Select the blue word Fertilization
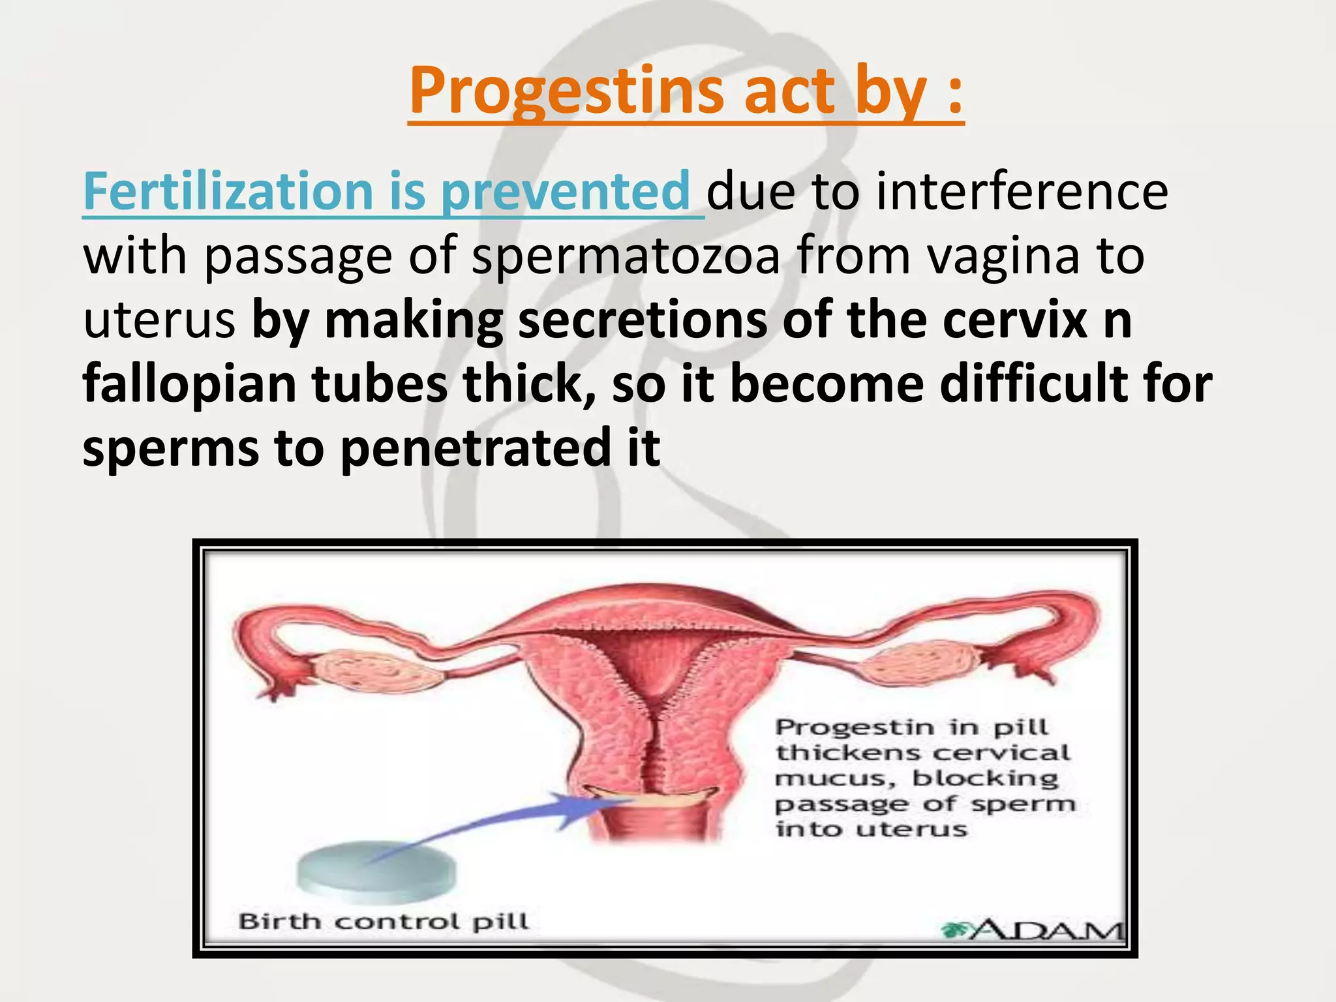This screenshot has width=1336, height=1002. coord(228,191)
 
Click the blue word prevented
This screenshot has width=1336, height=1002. coord(565,191)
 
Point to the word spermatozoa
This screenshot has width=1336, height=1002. coord(626,256)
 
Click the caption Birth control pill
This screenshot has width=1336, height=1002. coord(384,922)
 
